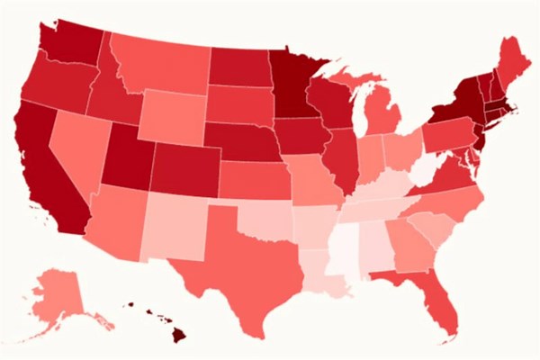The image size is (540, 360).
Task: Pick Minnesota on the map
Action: point(288,81)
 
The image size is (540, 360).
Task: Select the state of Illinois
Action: point(342,162)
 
